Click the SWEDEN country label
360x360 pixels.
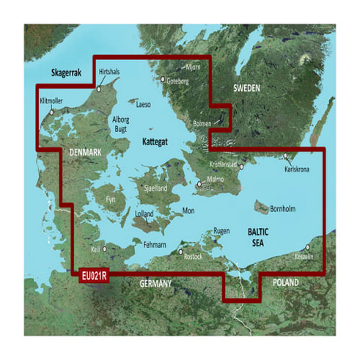coord(246,88)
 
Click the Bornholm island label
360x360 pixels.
coord(282,208)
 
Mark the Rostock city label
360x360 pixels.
coord(193,257)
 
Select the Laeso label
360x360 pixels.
coord(143,105)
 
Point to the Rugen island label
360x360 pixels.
coord(221,231)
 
